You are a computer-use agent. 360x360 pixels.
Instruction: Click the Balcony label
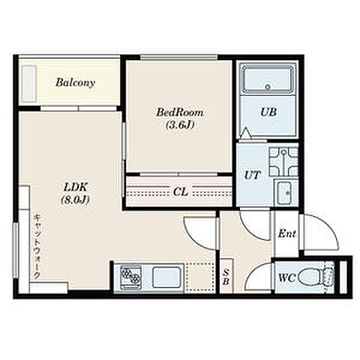(x=75, y=82)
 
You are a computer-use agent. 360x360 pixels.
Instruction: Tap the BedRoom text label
(x=179, y=112)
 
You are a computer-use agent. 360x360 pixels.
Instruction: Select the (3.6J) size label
(x=179, y=125)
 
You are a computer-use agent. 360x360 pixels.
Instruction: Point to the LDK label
(x=75, y=187)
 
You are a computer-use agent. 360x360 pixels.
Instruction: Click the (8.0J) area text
(x=75, y=199)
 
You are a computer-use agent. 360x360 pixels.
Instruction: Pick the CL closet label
(x=181, y=192)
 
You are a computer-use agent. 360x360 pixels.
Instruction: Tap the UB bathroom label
(x=268, y=112)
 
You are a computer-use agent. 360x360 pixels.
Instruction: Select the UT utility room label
(x=252, y=175)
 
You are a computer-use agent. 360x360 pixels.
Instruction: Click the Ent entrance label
(x=286, y=234)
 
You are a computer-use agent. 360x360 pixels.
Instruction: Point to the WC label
(x=287, y=277)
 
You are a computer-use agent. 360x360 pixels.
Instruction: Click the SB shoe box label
(x=226, y=277)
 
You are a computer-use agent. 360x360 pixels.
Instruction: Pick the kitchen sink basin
(x=167, y=277)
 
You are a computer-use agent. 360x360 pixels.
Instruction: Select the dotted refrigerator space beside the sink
(x=199, y=277)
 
